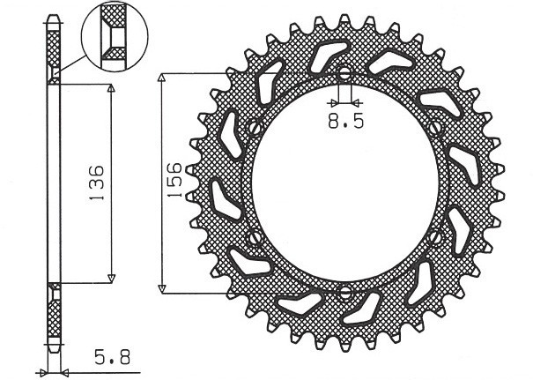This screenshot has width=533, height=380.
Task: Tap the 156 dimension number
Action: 176,180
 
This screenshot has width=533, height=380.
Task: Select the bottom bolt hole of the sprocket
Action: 344,291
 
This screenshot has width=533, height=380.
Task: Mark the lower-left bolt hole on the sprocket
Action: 255,237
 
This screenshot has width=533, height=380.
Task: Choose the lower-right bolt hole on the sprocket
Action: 434,237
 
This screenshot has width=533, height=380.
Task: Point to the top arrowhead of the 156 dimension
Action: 162,79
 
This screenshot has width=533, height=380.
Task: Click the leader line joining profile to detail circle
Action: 75,63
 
